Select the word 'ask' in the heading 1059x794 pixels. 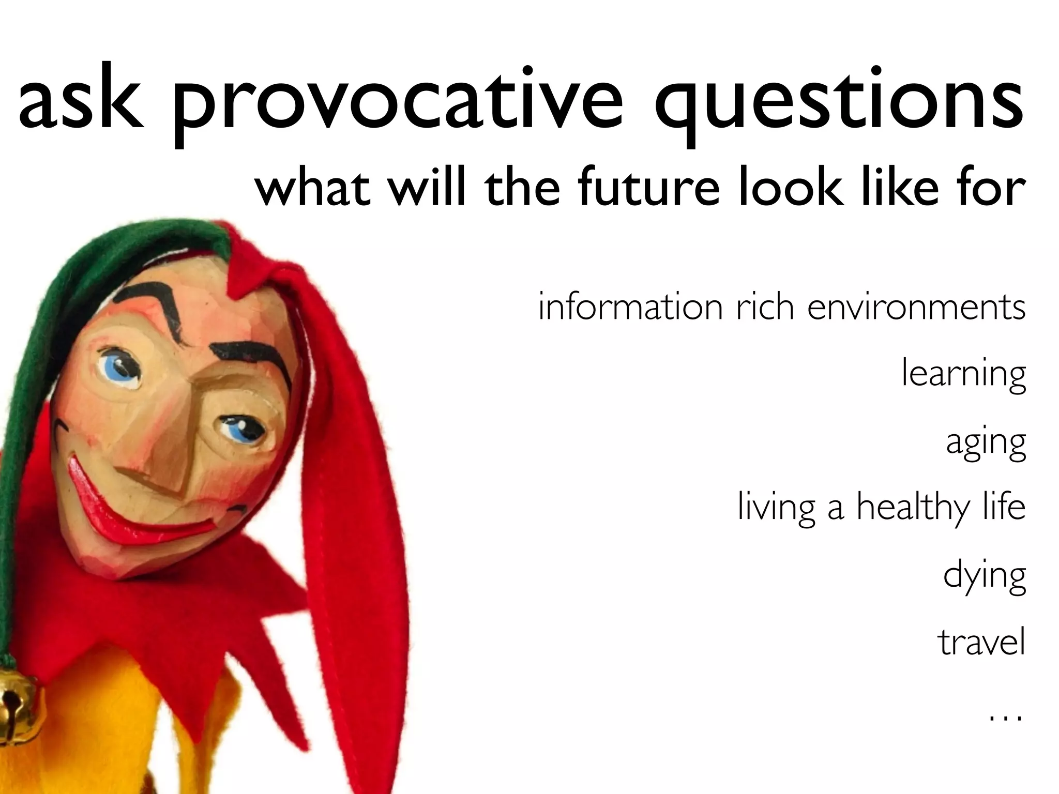click(x=80, y=98)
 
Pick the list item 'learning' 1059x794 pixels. click(x=963, y=375)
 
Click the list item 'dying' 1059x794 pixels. click(x=984, y=576)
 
